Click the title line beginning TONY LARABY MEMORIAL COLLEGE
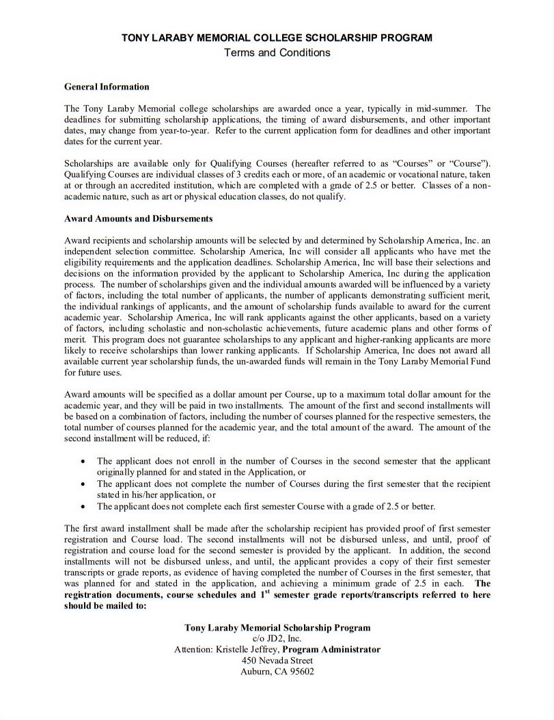pos(277,38)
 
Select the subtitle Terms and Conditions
pos(277,53)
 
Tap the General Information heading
pos(107,87)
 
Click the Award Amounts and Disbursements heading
pos(138,219)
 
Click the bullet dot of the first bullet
pos(83,461)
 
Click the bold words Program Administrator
pos(331,650)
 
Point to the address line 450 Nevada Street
pos(277,661)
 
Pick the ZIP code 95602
pos(301,671)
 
